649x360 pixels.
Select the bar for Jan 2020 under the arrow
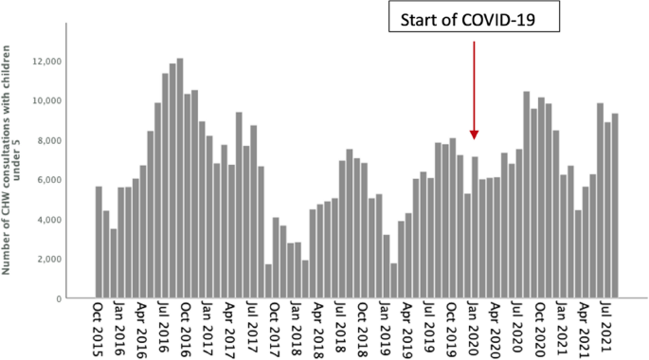475,227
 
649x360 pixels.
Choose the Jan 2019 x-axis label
384,328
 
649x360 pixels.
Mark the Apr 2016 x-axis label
142,328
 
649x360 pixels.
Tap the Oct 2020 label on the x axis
541,328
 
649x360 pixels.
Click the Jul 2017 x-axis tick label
252,328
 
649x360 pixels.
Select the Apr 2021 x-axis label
586,328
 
